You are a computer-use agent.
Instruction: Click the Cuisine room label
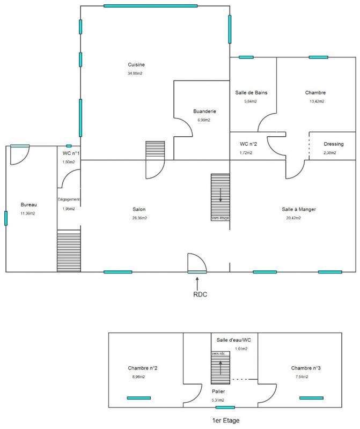pos(136,65)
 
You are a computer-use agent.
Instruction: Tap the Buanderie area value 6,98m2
pos(204,120)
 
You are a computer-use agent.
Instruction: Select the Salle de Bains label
pos(251,92)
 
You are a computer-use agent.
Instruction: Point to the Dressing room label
pos(334,144)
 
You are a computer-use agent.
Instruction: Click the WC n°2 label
pos(249,144)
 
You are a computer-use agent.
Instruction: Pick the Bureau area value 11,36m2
pos(28,213)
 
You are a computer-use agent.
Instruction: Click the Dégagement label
pos(69,199)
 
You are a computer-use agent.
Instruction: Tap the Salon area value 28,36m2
pos(139,218)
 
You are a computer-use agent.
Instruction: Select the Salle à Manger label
pos(299,209)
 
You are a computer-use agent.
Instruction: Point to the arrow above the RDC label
pos(198,280)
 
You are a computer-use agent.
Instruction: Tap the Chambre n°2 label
pos(142,368)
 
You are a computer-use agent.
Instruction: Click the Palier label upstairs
pos(219,391)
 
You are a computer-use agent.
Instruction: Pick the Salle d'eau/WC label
pos(234,340)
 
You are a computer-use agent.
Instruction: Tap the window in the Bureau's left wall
pos(6,218)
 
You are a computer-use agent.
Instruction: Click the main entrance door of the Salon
pos(196,263)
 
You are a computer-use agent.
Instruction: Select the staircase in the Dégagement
pos(69,250)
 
